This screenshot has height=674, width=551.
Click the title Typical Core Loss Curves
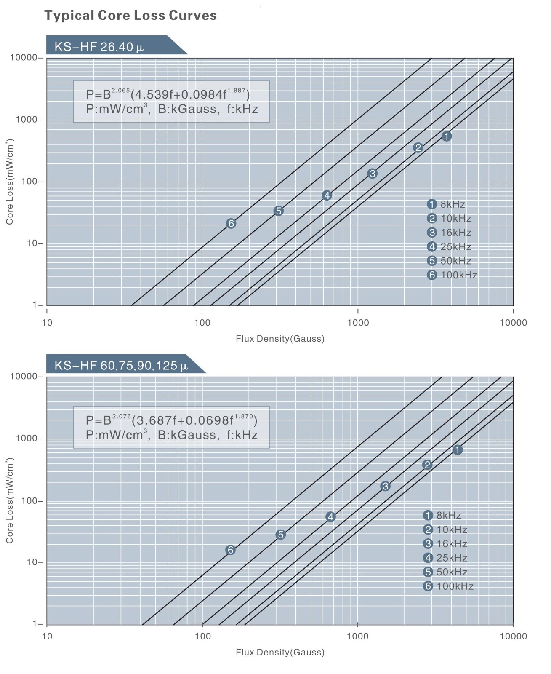tap(130, 16)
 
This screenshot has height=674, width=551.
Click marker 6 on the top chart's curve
tap(231, 224)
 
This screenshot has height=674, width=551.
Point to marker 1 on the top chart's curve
tap(447, 136)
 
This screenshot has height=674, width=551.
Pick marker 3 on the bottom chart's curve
tap(385, 486)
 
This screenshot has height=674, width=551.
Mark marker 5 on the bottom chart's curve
tap(280, 535)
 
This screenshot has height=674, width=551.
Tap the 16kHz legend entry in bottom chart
tap(445, 543)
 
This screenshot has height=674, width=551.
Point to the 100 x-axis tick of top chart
tap(202, 323)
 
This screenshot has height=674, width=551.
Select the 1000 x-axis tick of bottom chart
tap(357, 636)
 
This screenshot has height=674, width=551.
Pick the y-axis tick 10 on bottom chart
tap(32, 562)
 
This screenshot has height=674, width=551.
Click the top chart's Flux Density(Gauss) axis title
tap(280, 339)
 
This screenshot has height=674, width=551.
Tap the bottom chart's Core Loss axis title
tap(9, 500)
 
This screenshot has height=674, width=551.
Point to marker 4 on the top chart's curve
tap(327, 195)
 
